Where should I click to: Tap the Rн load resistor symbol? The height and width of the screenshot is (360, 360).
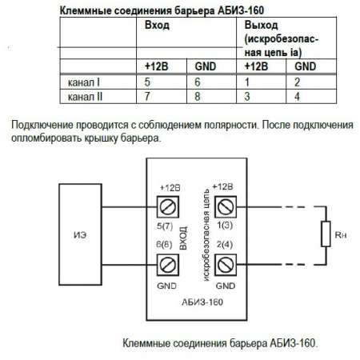coord(325,234)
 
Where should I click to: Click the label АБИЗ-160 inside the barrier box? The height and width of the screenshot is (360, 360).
coord(196,302)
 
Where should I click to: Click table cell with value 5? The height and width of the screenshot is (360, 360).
coord(147,82)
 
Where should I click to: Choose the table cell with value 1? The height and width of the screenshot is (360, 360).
coord(249,82)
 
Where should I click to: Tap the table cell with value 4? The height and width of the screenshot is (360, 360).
coord(297,96)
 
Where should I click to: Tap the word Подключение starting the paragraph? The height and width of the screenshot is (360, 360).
coord(39,126)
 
